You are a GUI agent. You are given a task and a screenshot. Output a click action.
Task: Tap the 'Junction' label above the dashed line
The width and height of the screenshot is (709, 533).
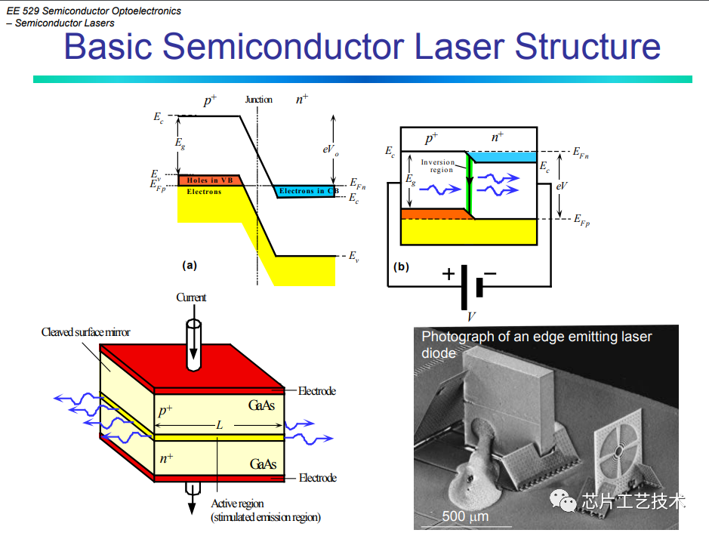coord(259,100)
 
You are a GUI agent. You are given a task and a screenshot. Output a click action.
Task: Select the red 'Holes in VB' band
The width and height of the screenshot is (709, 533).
coord(209,180)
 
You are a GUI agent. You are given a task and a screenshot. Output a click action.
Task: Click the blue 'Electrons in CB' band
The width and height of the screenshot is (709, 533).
coord(306,191)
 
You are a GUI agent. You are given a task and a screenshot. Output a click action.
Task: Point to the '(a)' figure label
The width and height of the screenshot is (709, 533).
coord(190,265)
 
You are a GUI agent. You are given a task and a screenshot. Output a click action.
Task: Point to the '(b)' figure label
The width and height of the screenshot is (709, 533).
coord(401,266)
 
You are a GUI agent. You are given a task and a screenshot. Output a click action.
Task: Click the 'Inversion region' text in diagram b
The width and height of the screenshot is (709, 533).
coord(438,165)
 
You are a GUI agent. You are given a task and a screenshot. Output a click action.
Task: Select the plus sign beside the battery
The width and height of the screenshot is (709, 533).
coord(448,273)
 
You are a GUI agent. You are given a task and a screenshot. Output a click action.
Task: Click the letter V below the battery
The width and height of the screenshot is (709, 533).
coord(471,316)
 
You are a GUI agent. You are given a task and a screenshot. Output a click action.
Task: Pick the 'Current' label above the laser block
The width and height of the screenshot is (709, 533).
coord(191,297)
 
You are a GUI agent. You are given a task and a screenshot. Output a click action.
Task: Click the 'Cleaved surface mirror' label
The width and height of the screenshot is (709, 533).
coord(85,332)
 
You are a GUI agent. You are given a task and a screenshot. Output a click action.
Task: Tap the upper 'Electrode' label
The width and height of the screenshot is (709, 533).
coord(317,391)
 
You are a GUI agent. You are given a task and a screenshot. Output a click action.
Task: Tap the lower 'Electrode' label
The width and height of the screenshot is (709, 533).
coord(317,478)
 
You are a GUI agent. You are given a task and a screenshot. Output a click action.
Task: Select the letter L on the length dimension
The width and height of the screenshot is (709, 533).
coord(219,425)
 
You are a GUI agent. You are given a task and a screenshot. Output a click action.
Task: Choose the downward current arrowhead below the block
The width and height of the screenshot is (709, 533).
coord(192,507)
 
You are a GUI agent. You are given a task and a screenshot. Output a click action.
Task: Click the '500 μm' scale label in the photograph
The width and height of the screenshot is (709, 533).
coord(465,516)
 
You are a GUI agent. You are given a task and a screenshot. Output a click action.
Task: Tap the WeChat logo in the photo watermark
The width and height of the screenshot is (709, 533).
coord(563,501)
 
